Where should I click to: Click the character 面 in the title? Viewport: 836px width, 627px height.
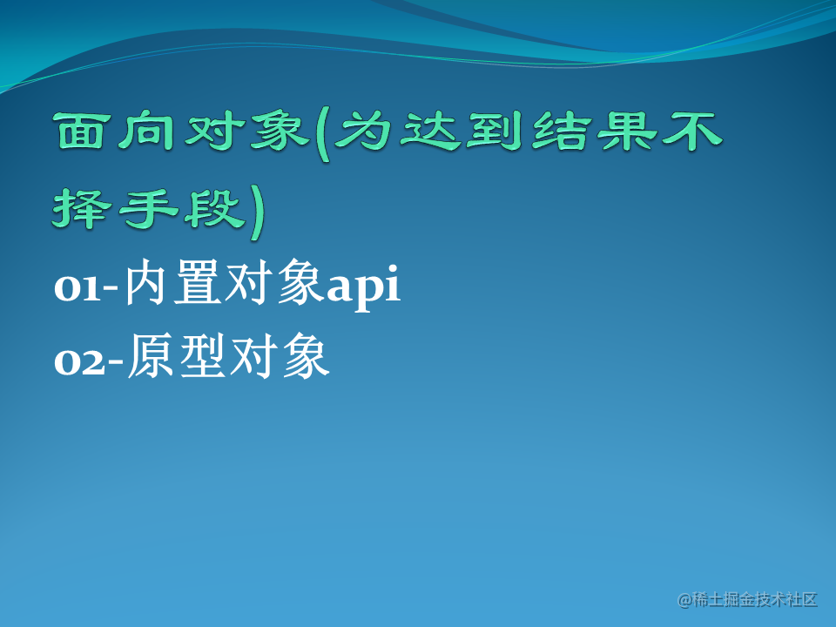tap(79, 131)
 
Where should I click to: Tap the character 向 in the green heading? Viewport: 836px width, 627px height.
tap(146, 131)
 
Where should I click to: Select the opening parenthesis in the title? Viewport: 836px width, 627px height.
tap(322, 137)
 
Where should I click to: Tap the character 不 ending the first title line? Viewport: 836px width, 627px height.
tap(692, 131)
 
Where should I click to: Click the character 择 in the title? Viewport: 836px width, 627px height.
tap(82, 208)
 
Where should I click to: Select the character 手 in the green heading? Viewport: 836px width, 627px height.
tap(148, 208)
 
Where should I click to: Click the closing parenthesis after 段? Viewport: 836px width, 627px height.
tap(256, 212)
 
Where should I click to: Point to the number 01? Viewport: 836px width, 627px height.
tap(78, 288)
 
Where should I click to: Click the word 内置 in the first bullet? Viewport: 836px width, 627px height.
tap(172, 282)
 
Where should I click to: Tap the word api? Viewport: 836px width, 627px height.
tap(363, 287)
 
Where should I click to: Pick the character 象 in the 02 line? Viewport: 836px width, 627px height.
tap(306, 356)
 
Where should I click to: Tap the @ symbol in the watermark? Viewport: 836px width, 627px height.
tap(684, 600)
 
